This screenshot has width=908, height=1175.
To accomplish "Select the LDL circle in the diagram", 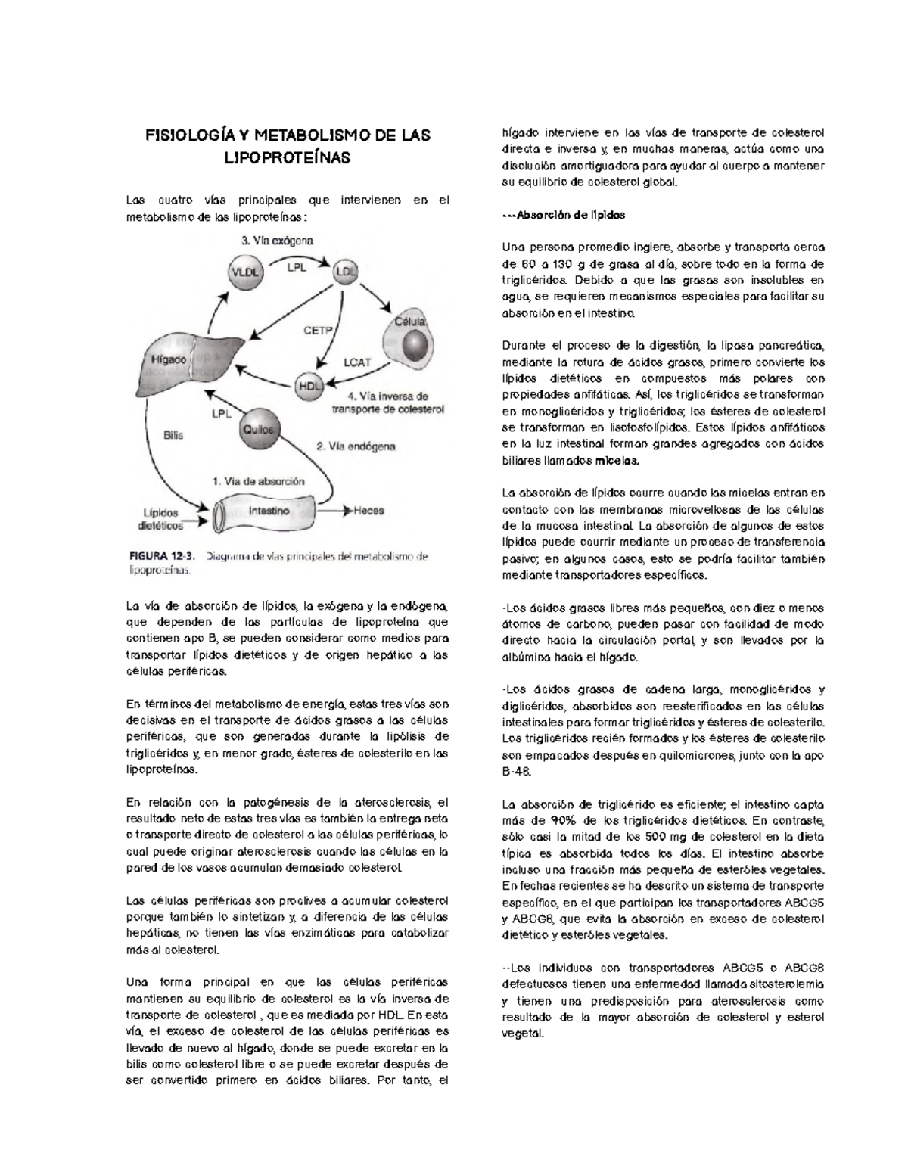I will [346, 272].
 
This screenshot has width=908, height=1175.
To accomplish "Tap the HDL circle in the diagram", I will [307, 384].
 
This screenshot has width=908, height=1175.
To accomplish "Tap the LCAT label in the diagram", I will [357, 362].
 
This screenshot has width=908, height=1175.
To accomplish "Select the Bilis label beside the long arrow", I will [173, 436].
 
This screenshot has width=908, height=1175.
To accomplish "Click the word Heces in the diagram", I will [369, 511].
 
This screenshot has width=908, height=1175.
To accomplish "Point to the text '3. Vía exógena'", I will [277, 241].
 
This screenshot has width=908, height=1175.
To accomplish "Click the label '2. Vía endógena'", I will [355, 446].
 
